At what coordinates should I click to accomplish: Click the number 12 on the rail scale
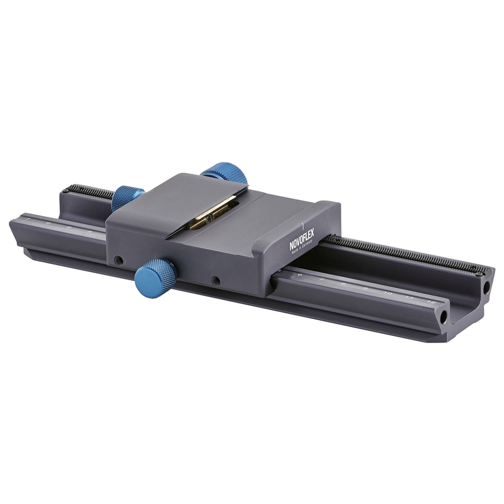click(x=432, y=302)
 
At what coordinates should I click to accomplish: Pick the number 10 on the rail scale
click(x=387, y=293)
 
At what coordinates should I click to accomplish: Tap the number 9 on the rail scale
click(x=365, y=288)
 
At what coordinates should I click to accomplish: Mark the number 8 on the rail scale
click(x=343, y=284)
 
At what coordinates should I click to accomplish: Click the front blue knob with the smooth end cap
click(x=155, y=278)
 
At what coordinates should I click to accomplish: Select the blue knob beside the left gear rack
click(x=127, y=197)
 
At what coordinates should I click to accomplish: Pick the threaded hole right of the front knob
click(x=215, y=281)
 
